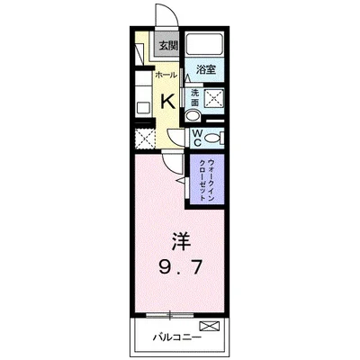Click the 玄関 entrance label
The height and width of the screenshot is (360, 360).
[x=169, y=46]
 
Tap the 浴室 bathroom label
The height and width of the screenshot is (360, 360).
[x=204, y=67]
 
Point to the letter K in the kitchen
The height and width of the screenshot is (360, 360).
[x=167, y=102]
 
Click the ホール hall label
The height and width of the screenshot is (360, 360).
[x=164, y=76]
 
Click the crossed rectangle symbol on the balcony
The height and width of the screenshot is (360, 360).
[x=209, y=325]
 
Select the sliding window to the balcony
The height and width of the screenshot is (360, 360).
[x=170, y=315]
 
